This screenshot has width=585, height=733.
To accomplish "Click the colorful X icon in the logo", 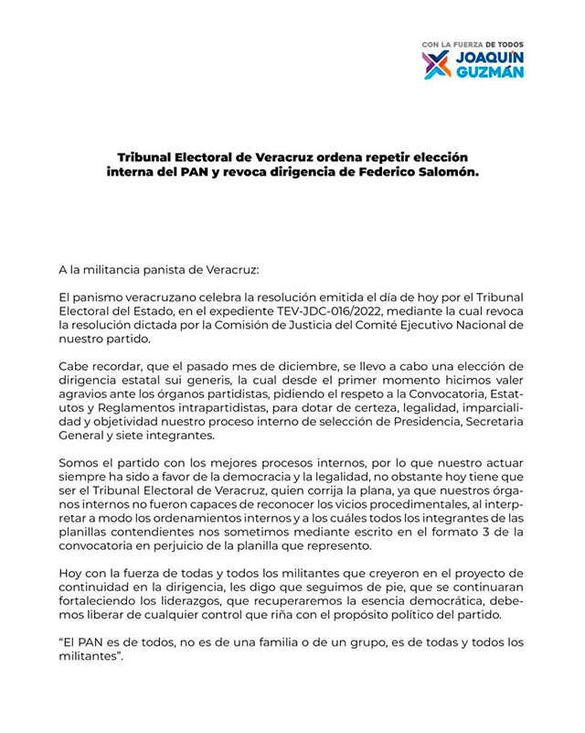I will pos(436,64).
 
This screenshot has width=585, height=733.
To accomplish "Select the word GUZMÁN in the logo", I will pos(488,72).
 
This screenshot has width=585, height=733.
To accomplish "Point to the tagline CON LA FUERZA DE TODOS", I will pos(473,44).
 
